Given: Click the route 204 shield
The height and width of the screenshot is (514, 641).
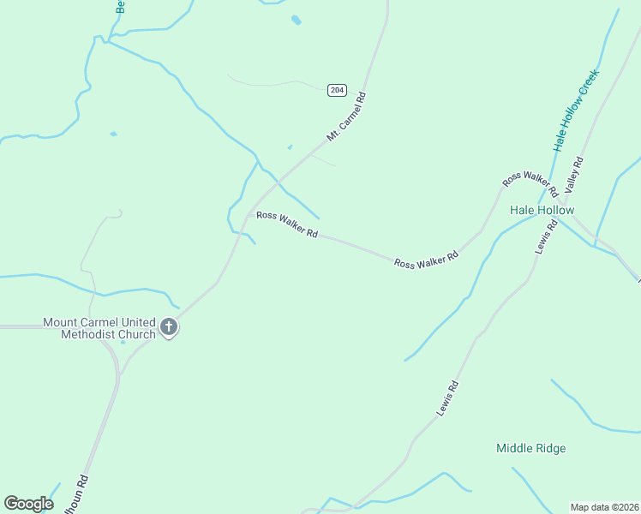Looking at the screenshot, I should click(337, 89).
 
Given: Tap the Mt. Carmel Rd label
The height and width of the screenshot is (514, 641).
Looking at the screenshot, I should click(346, 117).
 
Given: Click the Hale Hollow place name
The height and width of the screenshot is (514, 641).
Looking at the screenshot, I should click(542, 210).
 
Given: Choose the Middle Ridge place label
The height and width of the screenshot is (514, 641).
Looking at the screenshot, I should click(530, 448).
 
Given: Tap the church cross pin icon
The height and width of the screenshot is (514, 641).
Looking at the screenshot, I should click(169, 326).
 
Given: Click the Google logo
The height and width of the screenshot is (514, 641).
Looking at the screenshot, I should click(28, 504).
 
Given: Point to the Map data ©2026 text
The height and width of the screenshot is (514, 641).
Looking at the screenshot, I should click(604, 507).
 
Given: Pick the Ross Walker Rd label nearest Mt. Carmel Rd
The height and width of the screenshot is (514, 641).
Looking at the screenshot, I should click(288, 224).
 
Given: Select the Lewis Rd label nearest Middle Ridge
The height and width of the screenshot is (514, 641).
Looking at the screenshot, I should click(447, 398).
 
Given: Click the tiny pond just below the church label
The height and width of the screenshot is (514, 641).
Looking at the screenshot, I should click(123, 343).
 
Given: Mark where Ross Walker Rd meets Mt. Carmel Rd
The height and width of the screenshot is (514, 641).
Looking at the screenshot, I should click(249, 213).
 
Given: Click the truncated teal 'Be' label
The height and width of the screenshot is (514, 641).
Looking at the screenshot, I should click(120, 7).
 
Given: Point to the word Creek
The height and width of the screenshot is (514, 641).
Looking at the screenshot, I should click(589, 81).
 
